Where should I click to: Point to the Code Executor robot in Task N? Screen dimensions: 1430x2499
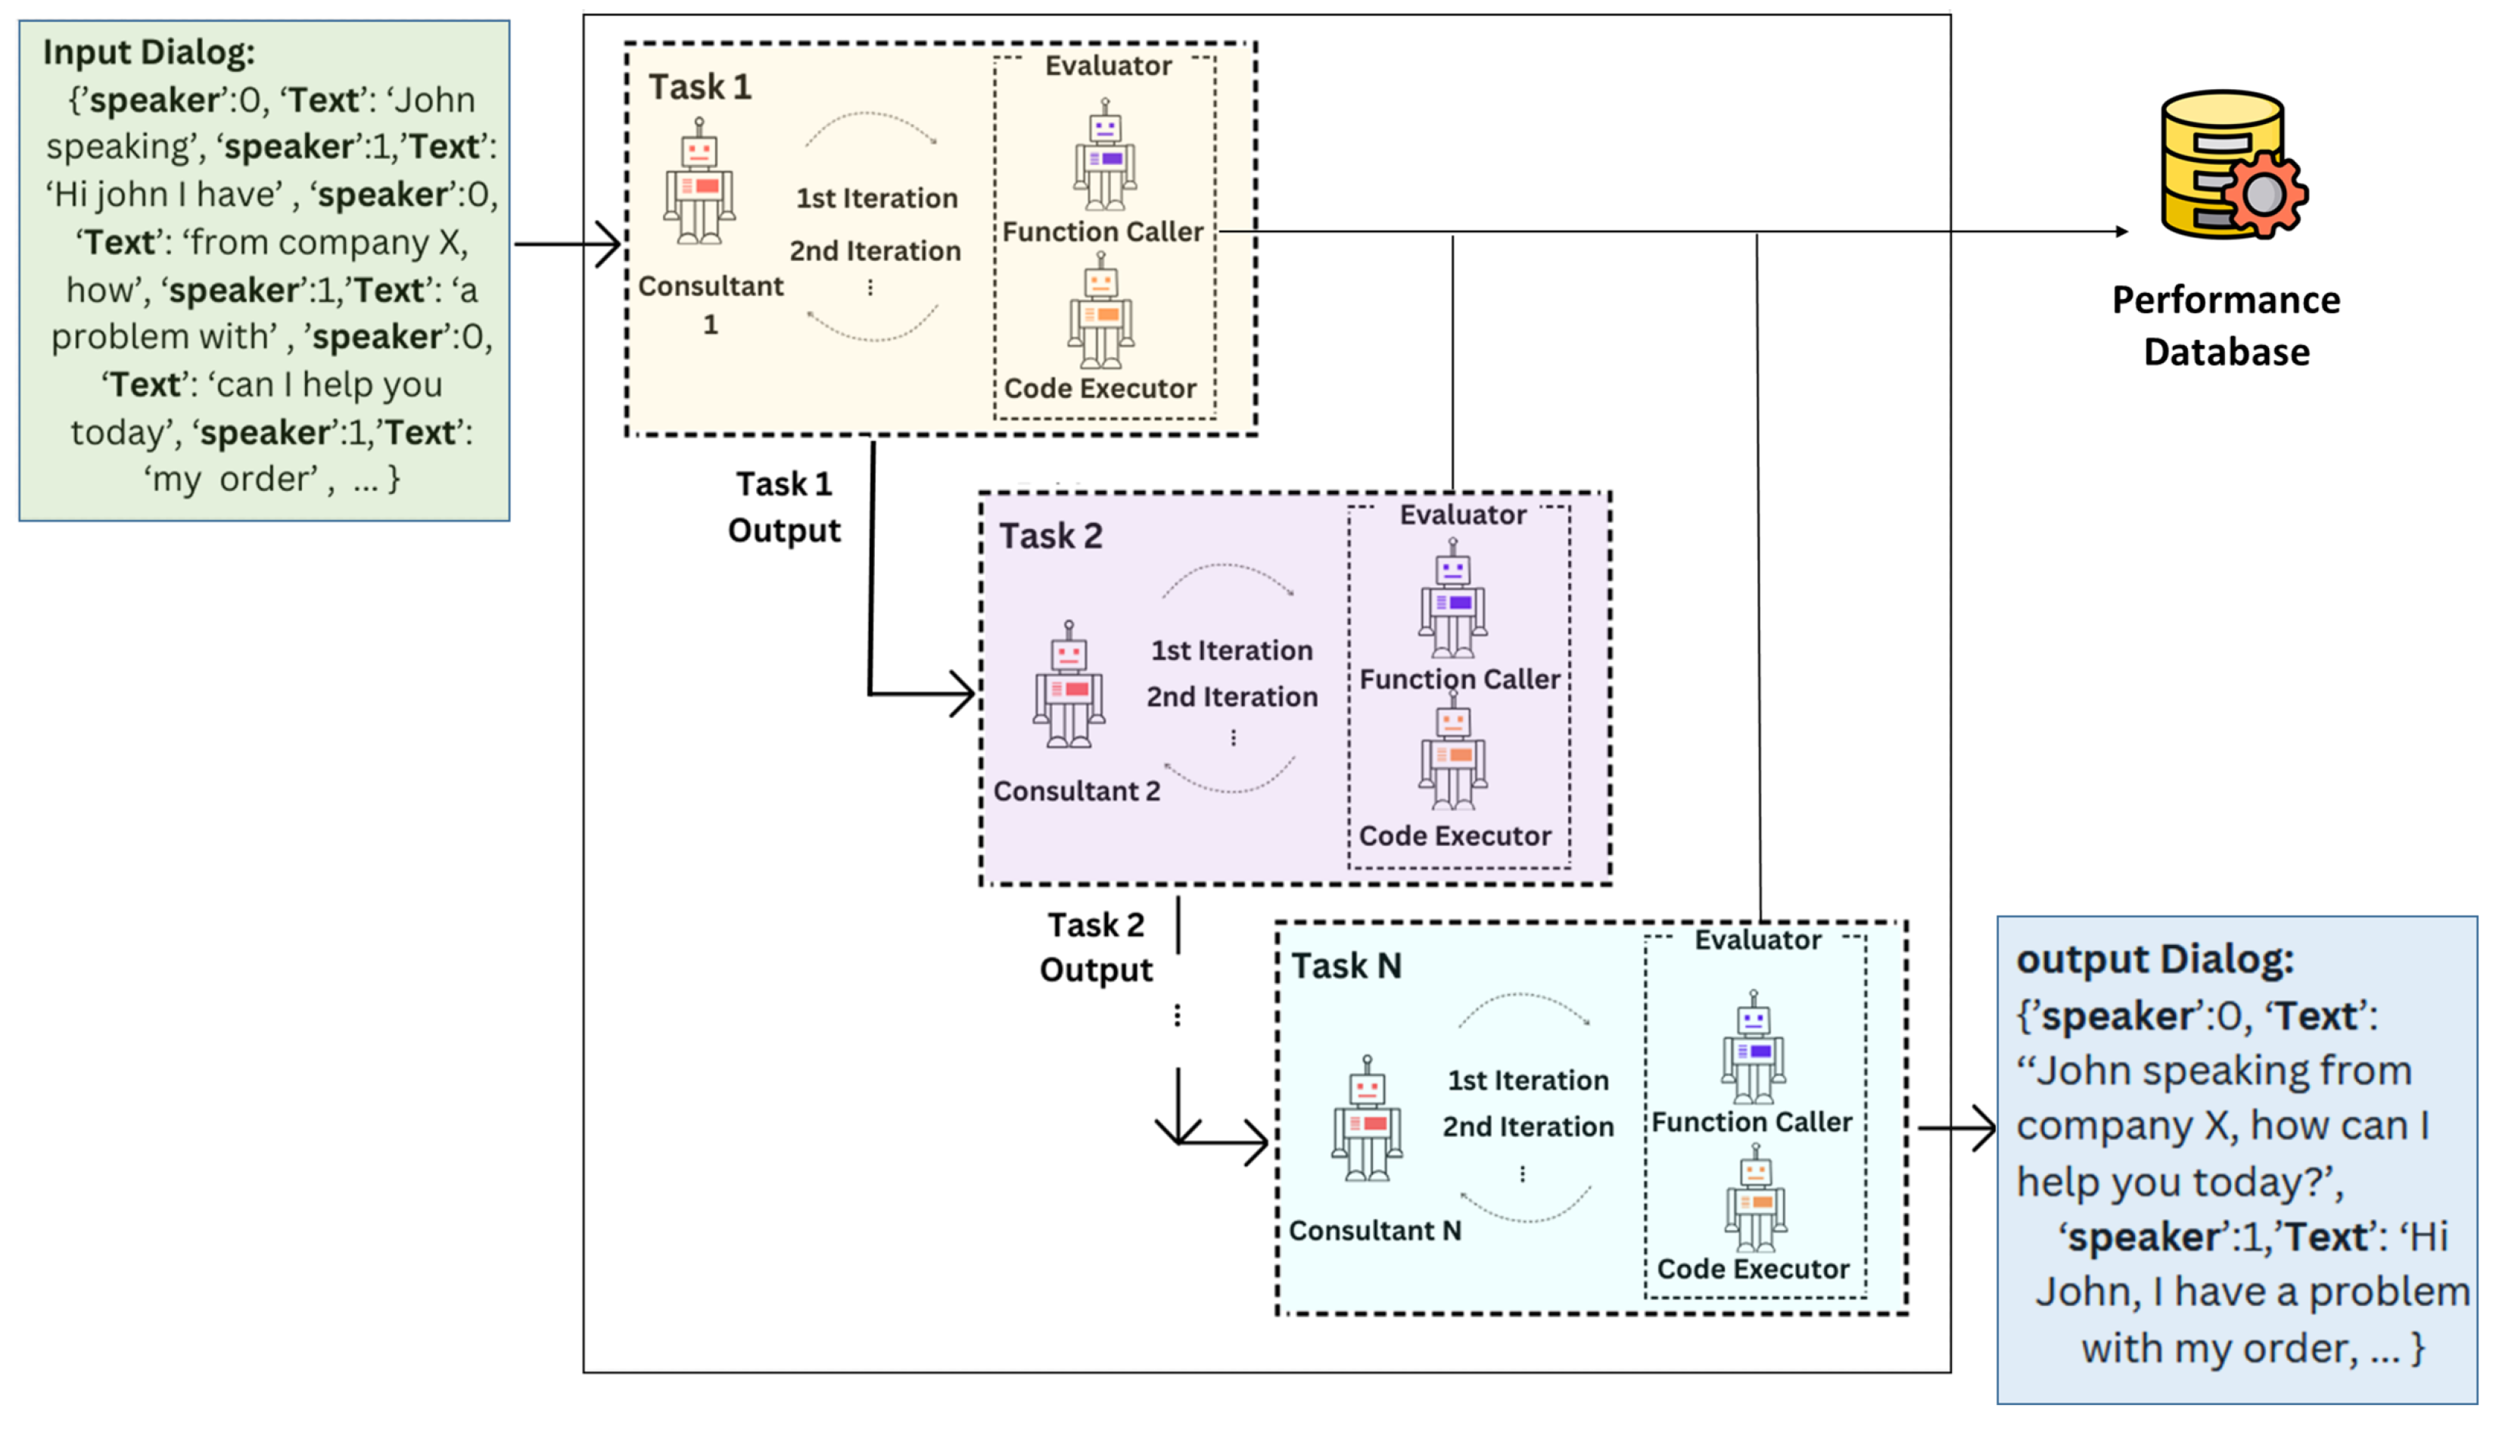pyautogui.click(x=1754, y=1200)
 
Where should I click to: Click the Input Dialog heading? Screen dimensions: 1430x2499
pyautogui.click(x=148, y=52)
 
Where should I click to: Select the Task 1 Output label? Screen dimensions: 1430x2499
pyautogui.click(x=784, y=507)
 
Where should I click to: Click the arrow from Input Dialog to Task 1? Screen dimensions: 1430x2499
pyautogui.click(x=568, y=244)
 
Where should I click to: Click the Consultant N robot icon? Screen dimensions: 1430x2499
pyautogui.click(x=1366, y=1121)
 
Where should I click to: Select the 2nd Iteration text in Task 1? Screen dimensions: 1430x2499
pyautogui.click(x=874, y=251)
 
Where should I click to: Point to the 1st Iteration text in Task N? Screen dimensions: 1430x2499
pyautogui.click(x=1527, y=1080)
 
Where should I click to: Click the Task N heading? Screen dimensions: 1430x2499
pyautogui.click(x=1346, y=966)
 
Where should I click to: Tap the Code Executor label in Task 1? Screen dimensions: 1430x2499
pyautogui.click(x=1099, y=389)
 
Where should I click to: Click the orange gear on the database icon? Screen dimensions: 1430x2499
pyautogui.click(x=2264, y=194)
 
